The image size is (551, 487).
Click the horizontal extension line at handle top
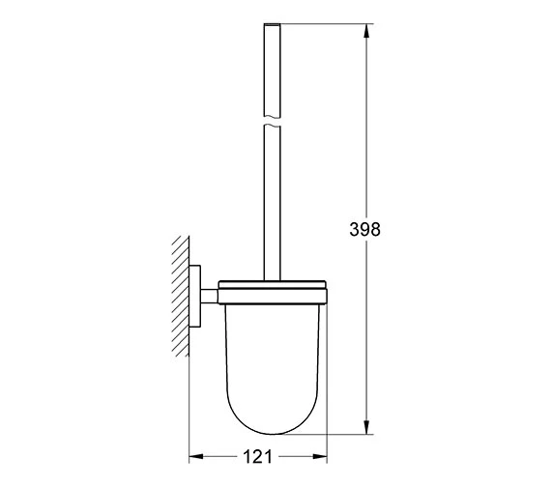pos(319,22)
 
